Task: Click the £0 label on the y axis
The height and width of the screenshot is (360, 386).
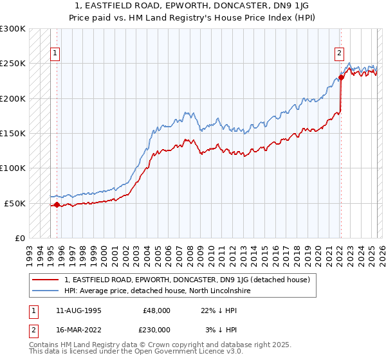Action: click(x=20, y=238)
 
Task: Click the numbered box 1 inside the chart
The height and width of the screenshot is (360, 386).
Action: click(x=56, y=54)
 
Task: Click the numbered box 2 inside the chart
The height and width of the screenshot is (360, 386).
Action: click(x=339, y=54)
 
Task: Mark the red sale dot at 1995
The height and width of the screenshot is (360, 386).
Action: click(x=57, y=204)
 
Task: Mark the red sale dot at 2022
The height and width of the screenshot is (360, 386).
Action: click(x=341, y=78)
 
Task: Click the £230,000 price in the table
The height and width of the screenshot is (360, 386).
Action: click(x=157, y=330)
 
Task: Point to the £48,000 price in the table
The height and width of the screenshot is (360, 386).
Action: click(x=157, y=310)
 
